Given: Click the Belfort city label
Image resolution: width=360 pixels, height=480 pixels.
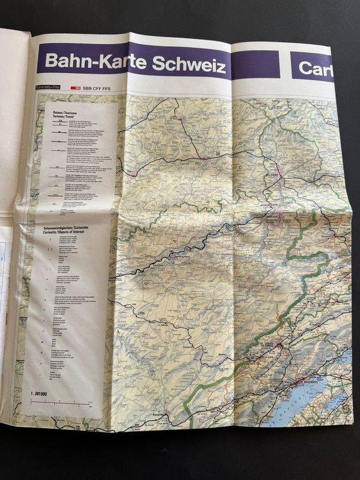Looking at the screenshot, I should pyautogui.click(x=273, y=174).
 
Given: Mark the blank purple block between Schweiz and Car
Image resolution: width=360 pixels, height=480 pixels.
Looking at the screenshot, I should pyautogui.click(x=255, y=65).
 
